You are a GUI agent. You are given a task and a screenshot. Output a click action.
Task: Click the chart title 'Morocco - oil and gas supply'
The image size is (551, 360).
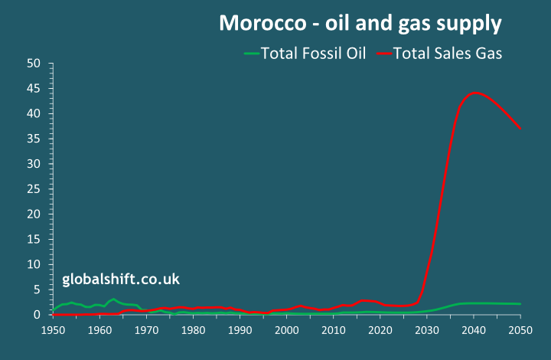click(x=360, y=23)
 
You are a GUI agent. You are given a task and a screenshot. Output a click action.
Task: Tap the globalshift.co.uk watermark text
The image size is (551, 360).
click(x=121, y=280)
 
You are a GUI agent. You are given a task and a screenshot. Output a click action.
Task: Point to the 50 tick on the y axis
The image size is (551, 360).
click(x=33, y=64)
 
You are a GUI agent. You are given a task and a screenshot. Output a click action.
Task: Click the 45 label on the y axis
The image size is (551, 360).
click(x=33, y=89)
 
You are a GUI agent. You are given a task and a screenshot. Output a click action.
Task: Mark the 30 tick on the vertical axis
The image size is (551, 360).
click(x=33, y=164)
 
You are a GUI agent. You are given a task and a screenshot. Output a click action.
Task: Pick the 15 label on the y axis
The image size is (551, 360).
click(x=33, y=239)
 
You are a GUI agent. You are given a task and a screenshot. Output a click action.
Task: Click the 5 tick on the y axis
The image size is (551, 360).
click(x=36, y=290)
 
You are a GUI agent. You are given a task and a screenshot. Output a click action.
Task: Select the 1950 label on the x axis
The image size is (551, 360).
click(x=53, y=330)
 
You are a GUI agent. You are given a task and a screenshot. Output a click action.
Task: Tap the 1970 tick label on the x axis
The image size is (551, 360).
click(x=146, y=330)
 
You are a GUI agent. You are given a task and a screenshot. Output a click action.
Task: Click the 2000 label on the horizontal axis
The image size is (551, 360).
click(x=286, y=330)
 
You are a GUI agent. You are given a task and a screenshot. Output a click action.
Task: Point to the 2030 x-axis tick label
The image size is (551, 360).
click(x=427, y=330)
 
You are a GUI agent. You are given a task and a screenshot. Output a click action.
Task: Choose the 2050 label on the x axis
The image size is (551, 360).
click(x=520, y=330)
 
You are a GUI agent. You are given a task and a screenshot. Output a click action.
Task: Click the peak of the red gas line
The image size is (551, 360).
click(x=474, y=93)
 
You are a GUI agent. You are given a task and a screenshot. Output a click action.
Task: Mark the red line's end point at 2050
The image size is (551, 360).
click(x=520, y=129)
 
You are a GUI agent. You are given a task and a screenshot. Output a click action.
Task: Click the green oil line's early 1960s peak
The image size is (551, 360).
click(x=113, y=299)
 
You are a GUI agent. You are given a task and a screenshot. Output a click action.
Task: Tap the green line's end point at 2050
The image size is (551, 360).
click(x=520, y=304)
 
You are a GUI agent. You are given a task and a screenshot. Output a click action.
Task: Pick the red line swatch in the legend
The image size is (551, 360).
click(x=383, y=54)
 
